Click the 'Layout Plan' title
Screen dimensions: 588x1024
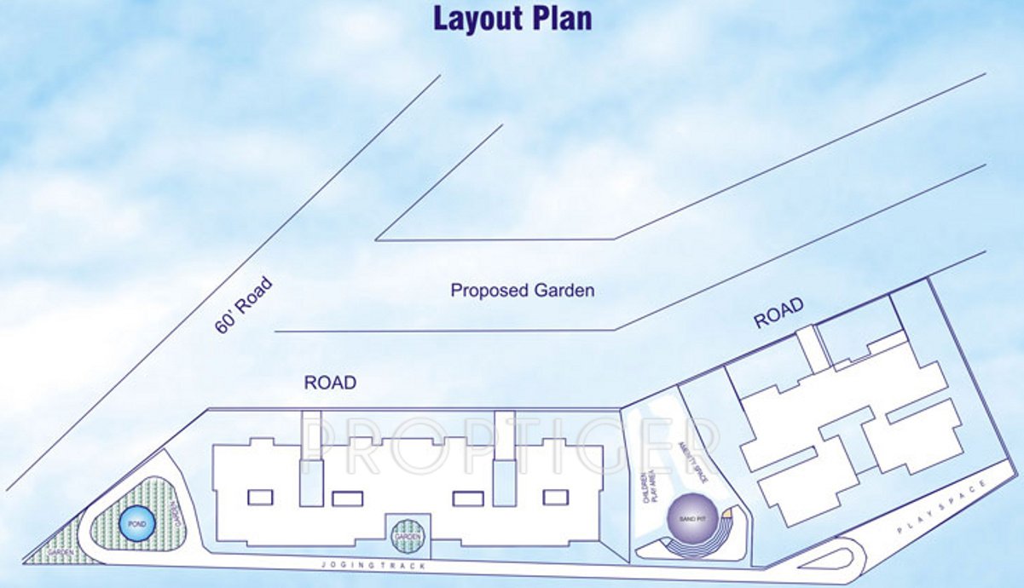(x=512, y=19)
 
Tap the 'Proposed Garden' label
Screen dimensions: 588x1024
(x=522, y=291)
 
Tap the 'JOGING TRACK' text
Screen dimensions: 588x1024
(x=371, y=565)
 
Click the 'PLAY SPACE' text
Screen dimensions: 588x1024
(x=942, y=508)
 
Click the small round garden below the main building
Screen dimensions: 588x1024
(x=407, y=537)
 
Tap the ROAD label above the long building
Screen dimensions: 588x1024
(x=329, y=383)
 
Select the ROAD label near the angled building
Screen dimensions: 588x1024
(x=778, y=312)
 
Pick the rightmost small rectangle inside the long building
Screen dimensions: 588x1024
(x=555, y=497)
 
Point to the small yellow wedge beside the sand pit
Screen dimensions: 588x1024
(x=726, y=514)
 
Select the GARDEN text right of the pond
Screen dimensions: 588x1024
(x=175, y=511)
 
